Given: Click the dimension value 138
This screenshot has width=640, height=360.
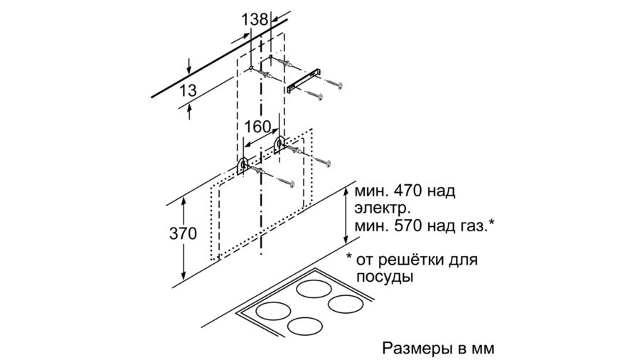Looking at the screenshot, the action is [255, 20].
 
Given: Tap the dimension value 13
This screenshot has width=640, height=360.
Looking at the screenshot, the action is [188, 90].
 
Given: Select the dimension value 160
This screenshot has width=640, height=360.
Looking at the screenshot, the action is [257, 127].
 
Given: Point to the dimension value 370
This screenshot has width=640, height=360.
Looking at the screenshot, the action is [183, 233].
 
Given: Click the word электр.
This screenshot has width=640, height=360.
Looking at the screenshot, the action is [382, 208].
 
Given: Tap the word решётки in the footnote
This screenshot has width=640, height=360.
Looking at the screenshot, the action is [415, 259].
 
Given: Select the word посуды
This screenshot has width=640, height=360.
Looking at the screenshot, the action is [384, 277].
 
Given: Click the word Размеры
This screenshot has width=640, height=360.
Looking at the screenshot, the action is [417, 348].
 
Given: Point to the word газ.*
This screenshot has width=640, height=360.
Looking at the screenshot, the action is [476, 226].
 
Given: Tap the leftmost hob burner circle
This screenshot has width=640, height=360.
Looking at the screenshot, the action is [273, 312].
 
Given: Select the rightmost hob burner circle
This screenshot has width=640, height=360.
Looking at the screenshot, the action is [346, 304].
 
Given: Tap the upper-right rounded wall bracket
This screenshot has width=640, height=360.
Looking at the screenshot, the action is [279, 144].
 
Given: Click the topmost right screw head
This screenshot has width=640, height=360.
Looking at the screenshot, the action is [338, 85].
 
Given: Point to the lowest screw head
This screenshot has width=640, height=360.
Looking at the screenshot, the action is [291, 184].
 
